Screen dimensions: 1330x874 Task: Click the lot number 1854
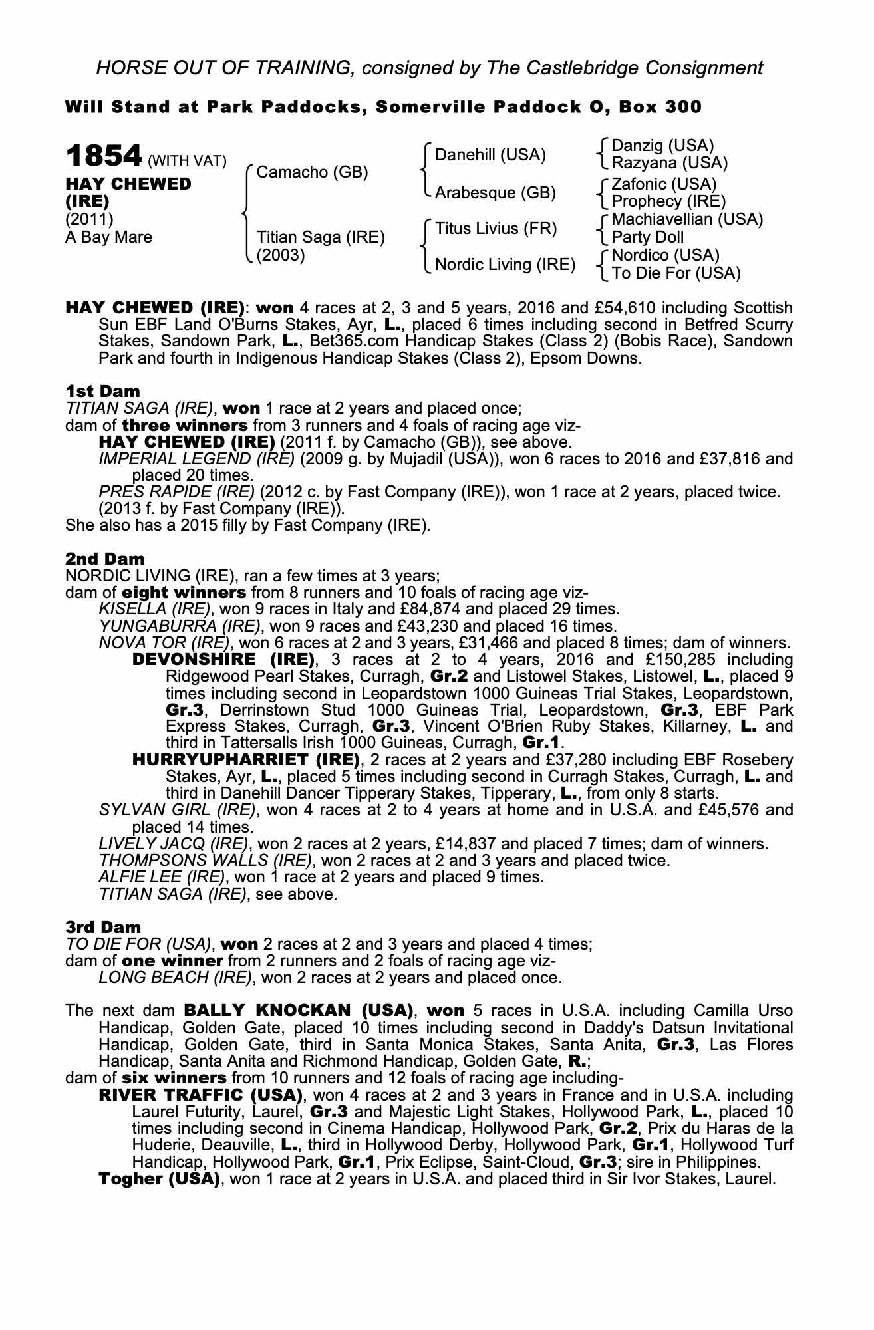(x=104, y=156)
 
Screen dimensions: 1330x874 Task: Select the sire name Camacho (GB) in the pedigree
(x=312, y=172)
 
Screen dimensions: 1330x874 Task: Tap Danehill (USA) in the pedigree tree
(x=490, y=155)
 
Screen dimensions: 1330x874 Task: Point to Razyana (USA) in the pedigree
(x=669, y=163)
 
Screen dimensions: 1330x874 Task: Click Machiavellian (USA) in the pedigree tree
(x=687, y=219)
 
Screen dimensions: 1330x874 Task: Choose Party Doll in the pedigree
(x=647, y=237)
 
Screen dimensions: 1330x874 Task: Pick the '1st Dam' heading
(x=102, y=391)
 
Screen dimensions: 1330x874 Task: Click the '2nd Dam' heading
(x=104, y=559)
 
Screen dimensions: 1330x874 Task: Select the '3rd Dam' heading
(x=103, y=927)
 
